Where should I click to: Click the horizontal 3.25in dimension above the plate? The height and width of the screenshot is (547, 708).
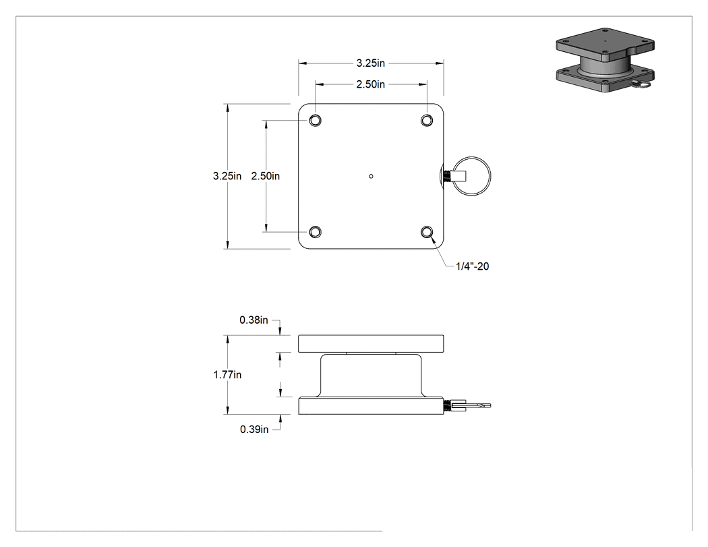coord(370,63)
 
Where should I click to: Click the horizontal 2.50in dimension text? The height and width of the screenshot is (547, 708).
coord(370,84)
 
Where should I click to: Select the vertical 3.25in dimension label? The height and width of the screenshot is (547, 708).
coord(227,176)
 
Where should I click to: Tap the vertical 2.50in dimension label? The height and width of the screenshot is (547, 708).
coord(266,176)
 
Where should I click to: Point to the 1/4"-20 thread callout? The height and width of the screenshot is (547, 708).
coord(472,266)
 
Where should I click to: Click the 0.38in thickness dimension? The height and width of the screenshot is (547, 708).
coord(254,320)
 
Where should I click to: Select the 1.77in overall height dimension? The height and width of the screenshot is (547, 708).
coord(227,375)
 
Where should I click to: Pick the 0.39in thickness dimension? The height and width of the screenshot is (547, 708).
coord(254,430)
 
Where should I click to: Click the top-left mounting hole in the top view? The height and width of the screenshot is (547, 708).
coord(315,120)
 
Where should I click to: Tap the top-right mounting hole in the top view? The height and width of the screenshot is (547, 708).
coord(427,120)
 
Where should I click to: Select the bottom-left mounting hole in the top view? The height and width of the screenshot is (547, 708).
coord(315,232)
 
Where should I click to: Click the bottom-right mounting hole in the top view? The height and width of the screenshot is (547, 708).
coord(427,232)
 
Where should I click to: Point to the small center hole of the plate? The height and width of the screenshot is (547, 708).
coord(371,176)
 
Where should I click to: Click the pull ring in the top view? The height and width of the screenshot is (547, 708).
coord(490,176)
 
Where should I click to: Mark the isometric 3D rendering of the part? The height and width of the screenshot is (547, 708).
coord(605,60)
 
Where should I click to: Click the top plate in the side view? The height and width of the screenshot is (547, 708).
coord(371,344)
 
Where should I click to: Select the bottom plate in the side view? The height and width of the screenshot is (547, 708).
coord(371,405)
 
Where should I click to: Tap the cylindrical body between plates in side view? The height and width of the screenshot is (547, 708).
coord(371,375)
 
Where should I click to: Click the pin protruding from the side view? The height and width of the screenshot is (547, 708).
coord(467,405)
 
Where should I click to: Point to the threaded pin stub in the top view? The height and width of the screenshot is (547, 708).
coord(448,176)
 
